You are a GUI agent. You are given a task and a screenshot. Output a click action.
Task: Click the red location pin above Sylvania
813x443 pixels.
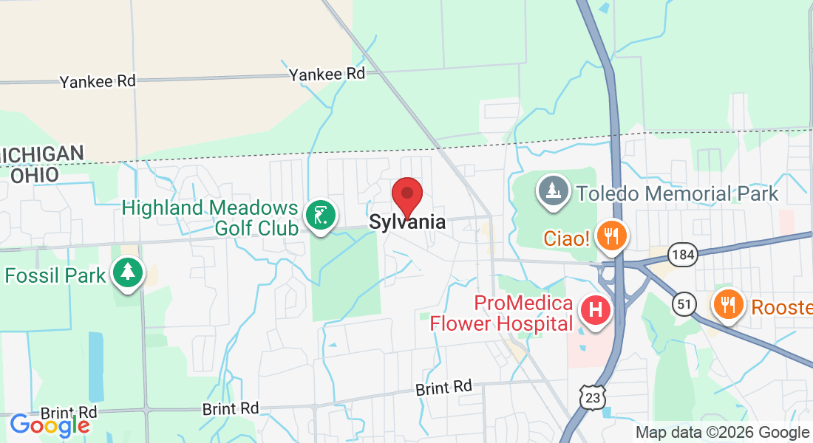click(406, 196)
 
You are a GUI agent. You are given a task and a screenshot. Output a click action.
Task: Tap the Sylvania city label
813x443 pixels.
click(407, 221)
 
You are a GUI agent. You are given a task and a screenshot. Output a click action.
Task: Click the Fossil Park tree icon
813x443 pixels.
click(128, 272)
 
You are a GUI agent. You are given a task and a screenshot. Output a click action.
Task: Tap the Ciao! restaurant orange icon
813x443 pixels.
click(610, 236)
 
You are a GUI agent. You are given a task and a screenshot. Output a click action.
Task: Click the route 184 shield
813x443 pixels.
click(681, 255)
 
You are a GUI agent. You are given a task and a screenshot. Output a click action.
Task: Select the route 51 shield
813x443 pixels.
click(684, 303)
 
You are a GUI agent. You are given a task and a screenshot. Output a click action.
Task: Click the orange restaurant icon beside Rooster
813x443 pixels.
click(728, 303)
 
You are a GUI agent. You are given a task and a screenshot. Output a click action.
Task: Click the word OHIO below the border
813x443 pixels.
click(34, 176)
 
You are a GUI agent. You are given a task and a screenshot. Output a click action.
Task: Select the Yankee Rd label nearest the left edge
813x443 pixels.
click(98, 81)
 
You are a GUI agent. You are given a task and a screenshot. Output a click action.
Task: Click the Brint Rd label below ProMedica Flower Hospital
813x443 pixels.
click(443, 387)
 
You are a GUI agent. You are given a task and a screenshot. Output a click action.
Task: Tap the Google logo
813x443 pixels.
click(50, 425)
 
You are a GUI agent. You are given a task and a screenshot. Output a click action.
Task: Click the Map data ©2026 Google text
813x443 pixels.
click(722, 433)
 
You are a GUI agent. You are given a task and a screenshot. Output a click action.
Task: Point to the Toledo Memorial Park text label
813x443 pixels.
click(677, 193)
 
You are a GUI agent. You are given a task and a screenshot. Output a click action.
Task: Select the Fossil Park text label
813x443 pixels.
click(55, 276)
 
